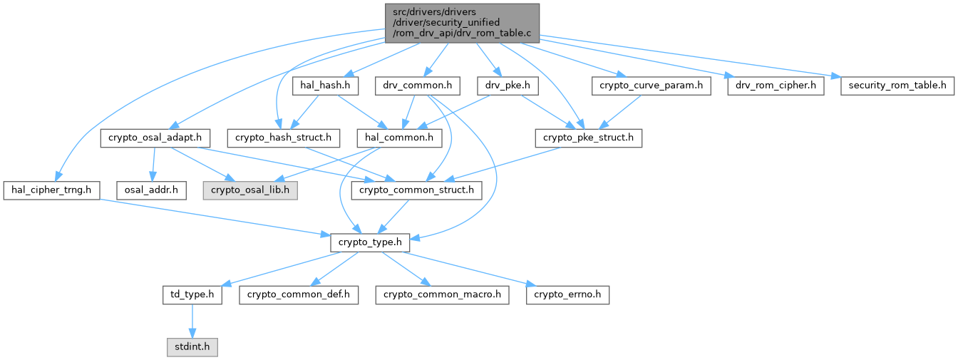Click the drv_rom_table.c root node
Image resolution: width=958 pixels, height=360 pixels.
click(462, 22)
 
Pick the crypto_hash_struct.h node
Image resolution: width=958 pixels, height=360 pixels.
click(283, 138)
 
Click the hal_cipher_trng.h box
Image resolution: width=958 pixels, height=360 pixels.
click(51, 190)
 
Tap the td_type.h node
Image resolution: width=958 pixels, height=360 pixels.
click(191, 294)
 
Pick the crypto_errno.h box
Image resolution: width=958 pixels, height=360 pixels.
click(568, 294)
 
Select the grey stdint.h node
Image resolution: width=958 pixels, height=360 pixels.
click(190, 347)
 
